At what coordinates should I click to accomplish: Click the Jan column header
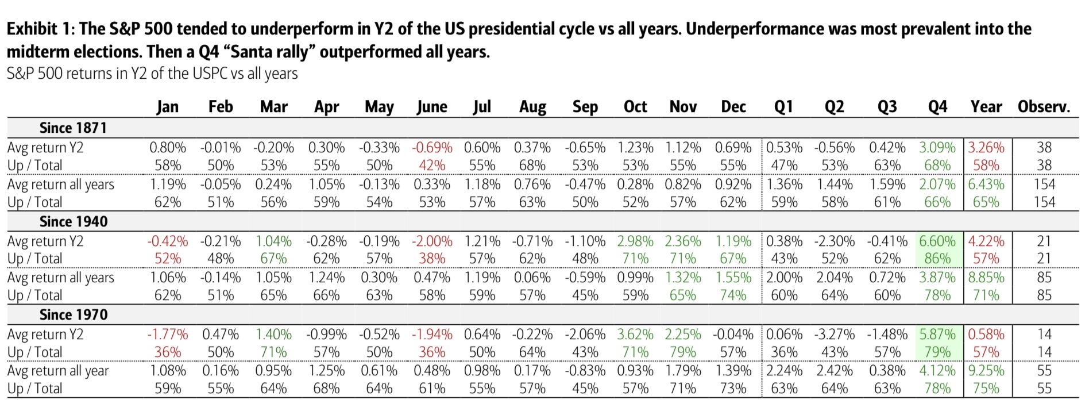click(x=168, y=107)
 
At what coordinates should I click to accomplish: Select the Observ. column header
click(x=1044, y=107)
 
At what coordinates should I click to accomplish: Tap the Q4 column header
click(x=937, y=107)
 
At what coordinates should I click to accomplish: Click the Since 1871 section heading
click(x=73, y=128)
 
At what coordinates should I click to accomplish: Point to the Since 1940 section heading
click(x=74, y=221)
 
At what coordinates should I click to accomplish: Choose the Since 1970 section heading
click(x=74, y=314)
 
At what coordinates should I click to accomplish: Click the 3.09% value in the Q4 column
click(x=937, y=148)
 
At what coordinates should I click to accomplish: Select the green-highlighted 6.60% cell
click(x=937, y=241)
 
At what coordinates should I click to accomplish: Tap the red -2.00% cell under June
click(x=432, y=241)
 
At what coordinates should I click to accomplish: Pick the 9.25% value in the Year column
click(x=986, y=371)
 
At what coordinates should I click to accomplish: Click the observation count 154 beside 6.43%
click(x=1044, y=185)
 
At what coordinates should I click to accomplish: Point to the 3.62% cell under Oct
click(x=635, y=335)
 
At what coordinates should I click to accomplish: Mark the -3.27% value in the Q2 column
click(x=834, y=335)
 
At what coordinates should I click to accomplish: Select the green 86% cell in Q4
click(x=937, y=259)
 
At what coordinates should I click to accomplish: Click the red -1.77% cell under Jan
click(x=168, y=335)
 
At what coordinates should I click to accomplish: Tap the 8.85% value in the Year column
click(x=986, y=278)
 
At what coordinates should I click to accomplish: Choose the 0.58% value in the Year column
click(x=986, y=335)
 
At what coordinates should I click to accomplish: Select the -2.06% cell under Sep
click(x=585, y=335)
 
